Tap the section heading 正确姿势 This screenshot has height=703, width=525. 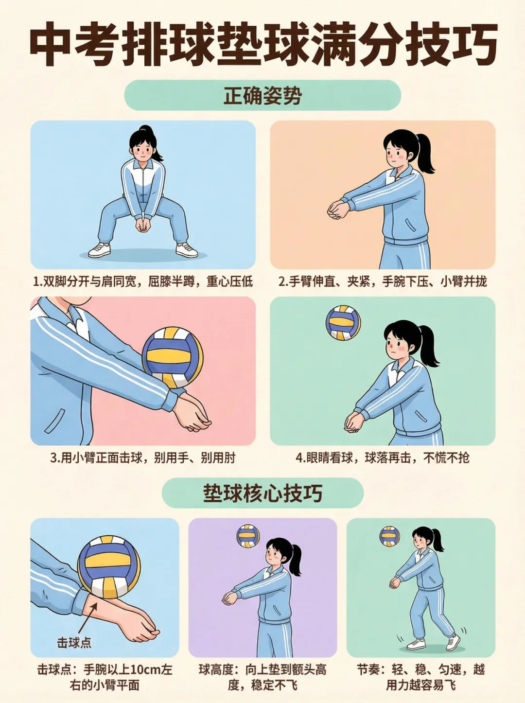(262, 95)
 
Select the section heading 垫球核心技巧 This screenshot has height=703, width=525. (262, 493)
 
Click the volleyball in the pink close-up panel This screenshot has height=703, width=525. (172, 357)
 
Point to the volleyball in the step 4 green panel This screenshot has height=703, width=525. (343, 323)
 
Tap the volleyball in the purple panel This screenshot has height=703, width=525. (248, 536)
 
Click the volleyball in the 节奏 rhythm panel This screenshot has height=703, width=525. (389, 536)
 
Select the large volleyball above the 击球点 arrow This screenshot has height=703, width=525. (109, 567)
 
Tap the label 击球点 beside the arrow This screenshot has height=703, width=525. (74, 643)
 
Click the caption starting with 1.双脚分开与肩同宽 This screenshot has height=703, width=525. (143, 281)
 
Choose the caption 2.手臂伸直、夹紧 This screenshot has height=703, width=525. (382, 281)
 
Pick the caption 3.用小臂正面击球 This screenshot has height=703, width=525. (143, 457)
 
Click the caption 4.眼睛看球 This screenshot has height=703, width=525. (382, 457)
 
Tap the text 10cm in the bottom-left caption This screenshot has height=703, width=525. (145, 669)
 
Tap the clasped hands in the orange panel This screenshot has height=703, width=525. (338, 210)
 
